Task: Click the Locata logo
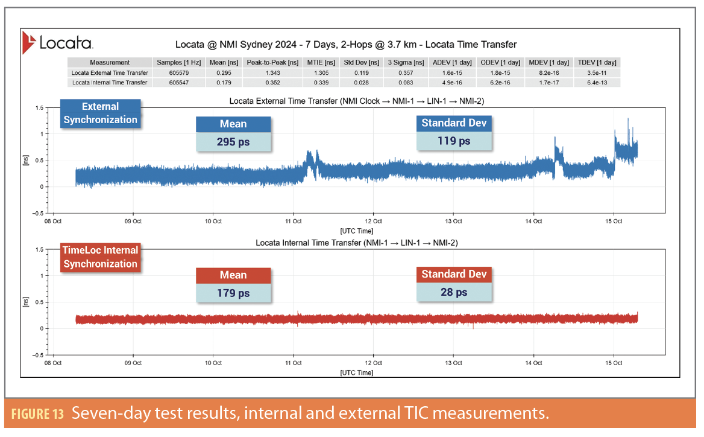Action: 57,43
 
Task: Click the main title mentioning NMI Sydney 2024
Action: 345,45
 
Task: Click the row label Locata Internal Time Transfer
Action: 109,83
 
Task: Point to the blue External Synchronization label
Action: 100,113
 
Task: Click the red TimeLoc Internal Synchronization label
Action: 100,257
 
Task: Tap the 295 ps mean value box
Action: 233,142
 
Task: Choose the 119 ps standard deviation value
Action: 454,141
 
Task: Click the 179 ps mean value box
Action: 233,293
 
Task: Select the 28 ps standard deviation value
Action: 454,292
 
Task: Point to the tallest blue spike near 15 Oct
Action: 628,120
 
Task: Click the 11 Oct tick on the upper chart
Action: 293,221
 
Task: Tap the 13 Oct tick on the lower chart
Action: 453,363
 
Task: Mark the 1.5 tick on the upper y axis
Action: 39,107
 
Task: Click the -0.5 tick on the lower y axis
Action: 37,355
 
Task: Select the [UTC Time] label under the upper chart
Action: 356,231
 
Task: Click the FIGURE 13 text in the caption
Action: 37,415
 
